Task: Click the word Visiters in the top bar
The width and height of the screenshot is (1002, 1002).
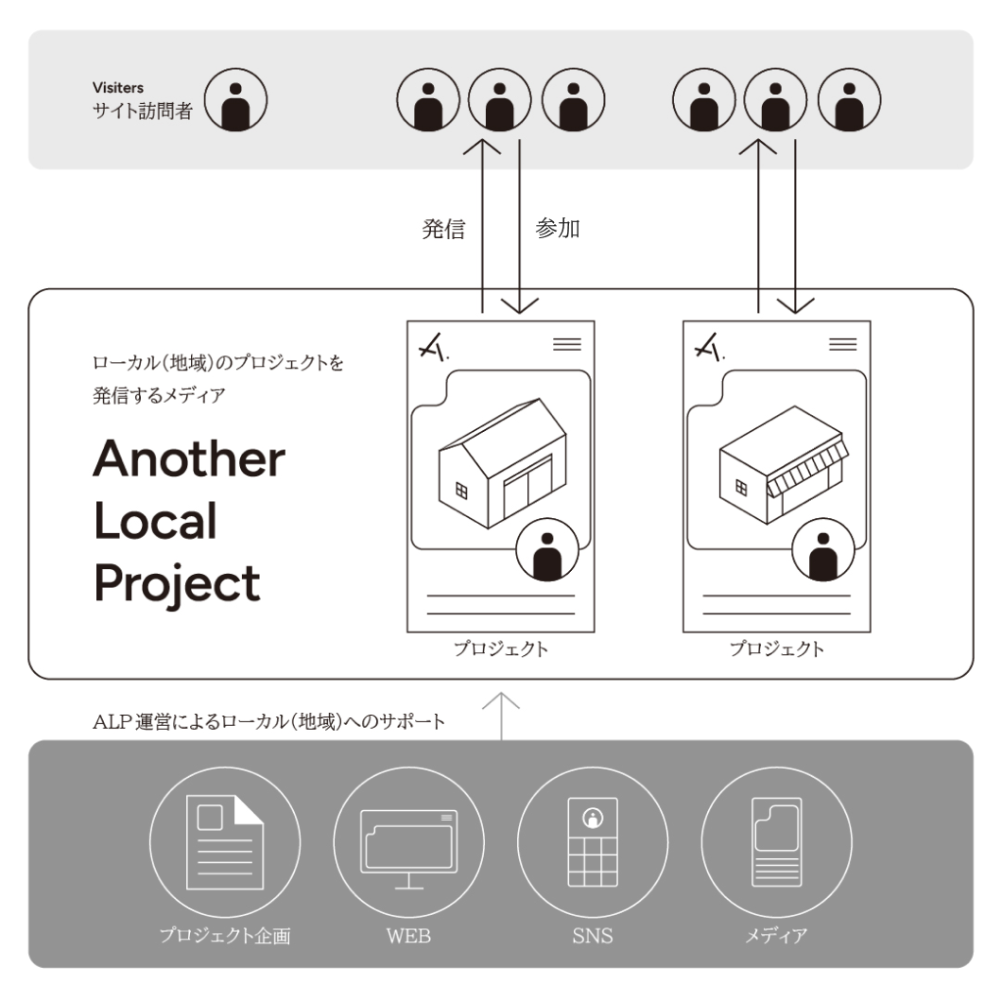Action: tap(118, 89)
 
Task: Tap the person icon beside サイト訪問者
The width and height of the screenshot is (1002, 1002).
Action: tap(236, 98)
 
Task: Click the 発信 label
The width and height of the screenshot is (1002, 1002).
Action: tap(443, 230)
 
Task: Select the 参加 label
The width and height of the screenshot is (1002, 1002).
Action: tap(558, 229)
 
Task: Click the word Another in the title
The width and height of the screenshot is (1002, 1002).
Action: tap(189, 459)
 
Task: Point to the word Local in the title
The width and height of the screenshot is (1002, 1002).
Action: tap(155, 521)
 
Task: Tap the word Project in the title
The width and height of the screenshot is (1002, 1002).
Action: tap(177, 582)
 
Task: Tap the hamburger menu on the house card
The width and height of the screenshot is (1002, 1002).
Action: tap(567, 344)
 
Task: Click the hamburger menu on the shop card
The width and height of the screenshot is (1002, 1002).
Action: tap(842, 344)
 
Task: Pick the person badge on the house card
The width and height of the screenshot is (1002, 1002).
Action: tap(547, 550)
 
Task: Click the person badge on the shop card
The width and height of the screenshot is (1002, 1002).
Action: tap(822, 550)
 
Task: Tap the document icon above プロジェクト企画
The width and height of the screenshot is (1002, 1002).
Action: tap(225, 841)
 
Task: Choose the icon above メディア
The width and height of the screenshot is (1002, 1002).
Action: tap(776, 841)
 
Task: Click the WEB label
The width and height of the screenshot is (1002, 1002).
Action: tap(408, 937)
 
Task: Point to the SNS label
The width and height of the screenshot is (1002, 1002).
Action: tap(592, 937)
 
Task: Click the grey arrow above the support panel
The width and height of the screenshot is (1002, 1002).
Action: tap(501, 715)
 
